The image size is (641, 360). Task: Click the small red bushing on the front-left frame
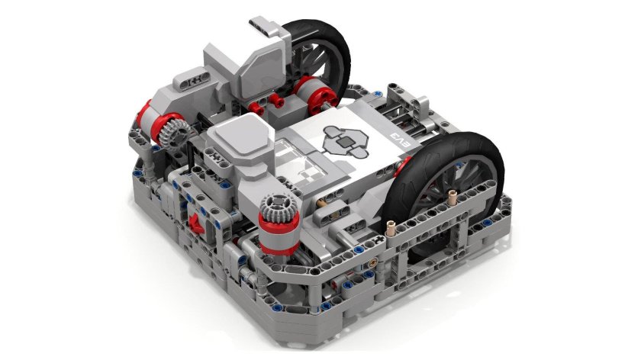pos(193,224)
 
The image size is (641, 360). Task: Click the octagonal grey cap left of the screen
pos(240,138)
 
